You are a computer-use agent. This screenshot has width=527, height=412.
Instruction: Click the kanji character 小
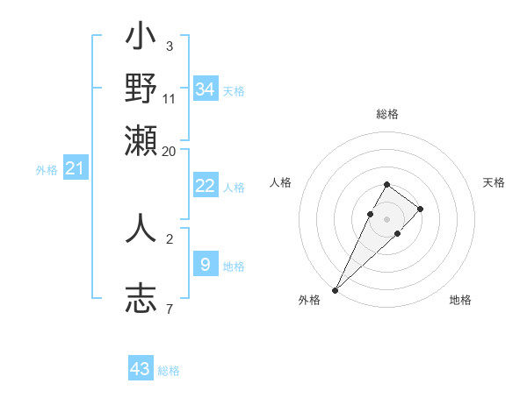click(x=141, y=39)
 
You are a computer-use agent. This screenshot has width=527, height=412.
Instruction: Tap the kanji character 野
click(x=141, y=89)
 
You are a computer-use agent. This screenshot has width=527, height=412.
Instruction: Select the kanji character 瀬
click(x=141, y=139)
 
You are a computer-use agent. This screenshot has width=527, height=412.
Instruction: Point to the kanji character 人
click(x=141, y=228)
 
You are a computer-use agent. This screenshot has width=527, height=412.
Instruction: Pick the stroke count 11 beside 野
click(x=170, y=98)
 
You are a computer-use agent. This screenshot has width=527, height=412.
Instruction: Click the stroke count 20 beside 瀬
click(x=169, y=150)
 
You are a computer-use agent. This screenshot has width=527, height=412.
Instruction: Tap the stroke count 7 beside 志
click(x=169, y=309)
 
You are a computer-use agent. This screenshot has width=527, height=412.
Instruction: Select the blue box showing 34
click(x=206, y=89)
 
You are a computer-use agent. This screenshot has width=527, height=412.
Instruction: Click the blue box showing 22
click(x=206, y=186)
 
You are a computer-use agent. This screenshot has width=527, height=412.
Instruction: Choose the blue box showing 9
click(x=206, y=265)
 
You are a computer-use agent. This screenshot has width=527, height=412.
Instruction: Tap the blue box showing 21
click(x=75, y=169)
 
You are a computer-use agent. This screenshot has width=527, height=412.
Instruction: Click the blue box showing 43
click(x=141, y=369)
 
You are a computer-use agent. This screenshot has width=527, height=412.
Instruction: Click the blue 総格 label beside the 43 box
click(x=169, y=371)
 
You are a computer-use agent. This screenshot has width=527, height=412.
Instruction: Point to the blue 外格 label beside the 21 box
click(x=47, y=171)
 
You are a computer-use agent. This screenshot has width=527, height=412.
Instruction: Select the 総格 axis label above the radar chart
click(x=387, y=114)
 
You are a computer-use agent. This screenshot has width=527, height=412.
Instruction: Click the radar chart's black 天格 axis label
click(x=494, y=182)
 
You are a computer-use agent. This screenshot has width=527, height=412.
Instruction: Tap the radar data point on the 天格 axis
click(x=421, y=209)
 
